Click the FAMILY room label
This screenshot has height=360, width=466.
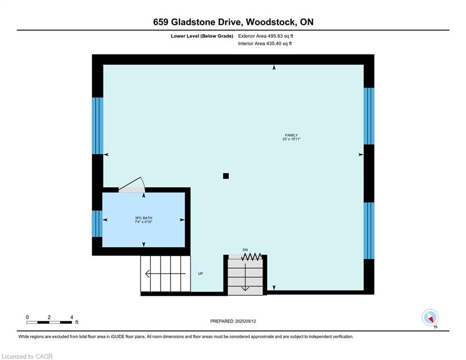coord(291,135)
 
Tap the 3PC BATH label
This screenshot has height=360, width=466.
coord(144,218)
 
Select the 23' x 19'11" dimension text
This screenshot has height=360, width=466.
coord(291,139)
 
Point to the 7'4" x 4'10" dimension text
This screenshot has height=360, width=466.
coord(144,222)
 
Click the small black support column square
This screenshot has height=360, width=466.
coord(226,176)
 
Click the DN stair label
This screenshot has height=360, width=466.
coord(245,250)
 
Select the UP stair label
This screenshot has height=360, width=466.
coord(200,274)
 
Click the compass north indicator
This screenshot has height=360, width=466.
coord(429,317)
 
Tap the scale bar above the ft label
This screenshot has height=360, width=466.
coord(49,322)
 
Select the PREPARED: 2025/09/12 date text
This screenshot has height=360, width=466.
coord(233,321)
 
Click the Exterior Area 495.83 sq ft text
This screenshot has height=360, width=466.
coord(266,36)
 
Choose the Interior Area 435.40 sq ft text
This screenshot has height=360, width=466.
coord(265,44)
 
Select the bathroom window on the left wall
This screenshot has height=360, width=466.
coord(97,224)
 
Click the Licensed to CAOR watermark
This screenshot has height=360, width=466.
coord(27,356)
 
